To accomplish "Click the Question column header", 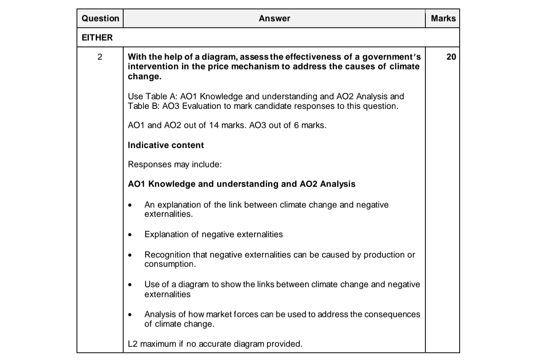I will (100, 18).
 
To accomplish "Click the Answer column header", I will (274, 18).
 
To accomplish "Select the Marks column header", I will (443, 18).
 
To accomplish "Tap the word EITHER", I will (97, 37).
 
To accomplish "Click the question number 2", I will (100, 57).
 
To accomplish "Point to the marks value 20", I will (451, 57).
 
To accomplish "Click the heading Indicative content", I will (165, 145).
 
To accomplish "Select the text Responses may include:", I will (175, 164).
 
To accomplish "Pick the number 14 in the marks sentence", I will (214, 125).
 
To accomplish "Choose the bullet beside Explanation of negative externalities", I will (130, 235).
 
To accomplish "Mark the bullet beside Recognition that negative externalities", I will (130, 255).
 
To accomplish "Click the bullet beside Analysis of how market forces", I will (130, 315).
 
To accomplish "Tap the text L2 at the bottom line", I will (133, 344).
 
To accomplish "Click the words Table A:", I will (161, 96).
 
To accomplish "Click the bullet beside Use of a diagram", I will (130, 285).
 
